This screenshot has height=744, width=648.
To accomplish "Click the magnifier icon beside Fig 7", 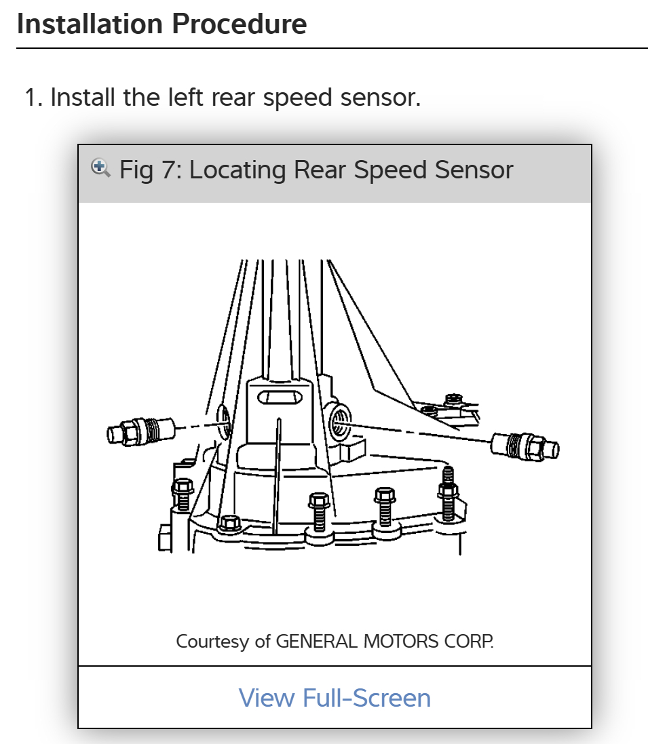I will [x=100, y=168].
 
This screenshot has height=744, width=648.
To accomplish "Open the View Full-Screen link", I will [x=335, y=697].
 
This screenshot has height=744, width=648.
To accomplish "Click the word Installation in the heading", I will [x=89, y=24].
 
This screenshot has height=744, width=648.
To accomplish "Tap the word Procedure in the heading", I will [x=238, y=24].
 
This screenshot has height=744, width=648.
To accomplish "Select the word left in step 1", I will [x=185, y=98].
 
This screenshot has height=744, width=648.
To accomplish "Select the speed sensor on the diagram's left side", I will [x=140, y=431].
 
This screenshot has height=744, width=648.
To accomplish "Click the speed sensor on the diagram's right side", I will [x=525, y=446].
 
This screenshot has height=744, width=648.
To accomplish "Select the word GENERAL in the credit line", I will [x=316, y=641].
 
